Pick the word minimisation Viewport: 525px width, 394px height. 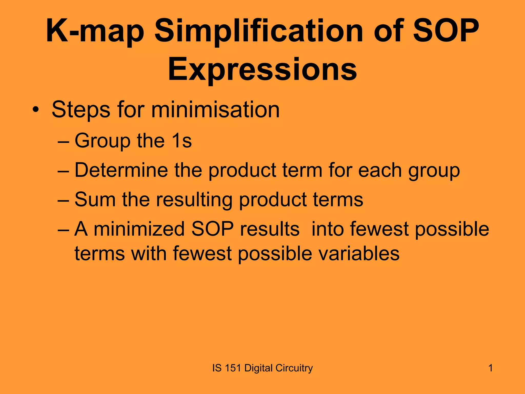215,110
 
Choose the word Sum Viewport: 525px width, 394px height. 95,200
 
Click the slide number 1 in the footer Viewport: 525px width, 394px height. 490,368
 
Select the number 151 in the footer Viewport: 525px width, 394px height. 233,368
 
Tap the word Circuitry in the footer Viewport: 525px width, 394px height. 294,368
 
